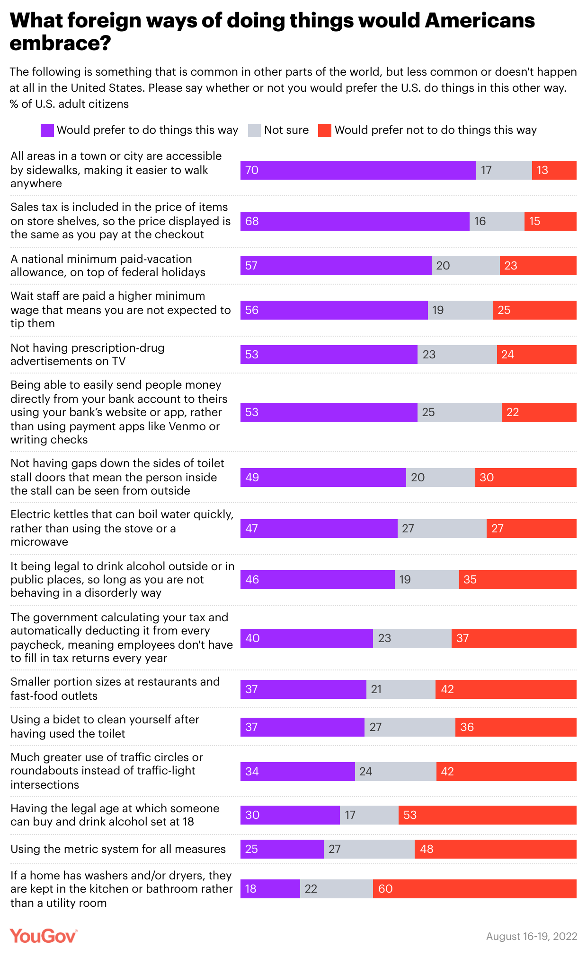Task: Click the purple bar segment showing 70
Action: (358, 170)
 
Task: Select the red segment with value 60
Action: (474, 889)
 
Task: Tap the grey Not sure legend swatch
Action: (255, 130)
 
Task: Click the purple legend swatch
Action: (47, 130)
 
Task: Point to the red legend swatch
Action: (325, 130)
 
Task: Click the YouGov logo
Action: (43, 936)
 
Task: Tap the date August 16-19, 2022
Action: (531, 936)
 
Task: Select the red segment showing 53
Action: (487, 815)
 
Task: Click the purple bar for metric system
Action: (282, 849)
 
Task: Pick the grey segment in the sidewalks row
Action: (504, 170)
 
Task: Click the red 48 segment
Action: (495, 849)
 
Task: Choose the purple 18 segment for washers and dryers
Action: (270, 889)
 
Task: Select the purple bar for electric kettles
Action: (319, 529)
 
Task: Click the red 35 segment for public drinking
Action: (517, 580)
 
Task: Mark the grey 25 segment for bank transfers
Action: (459, 412)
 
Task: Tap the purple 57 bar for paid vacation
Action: (336, 266)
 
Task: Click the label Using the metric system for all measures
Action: (118, 849)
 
